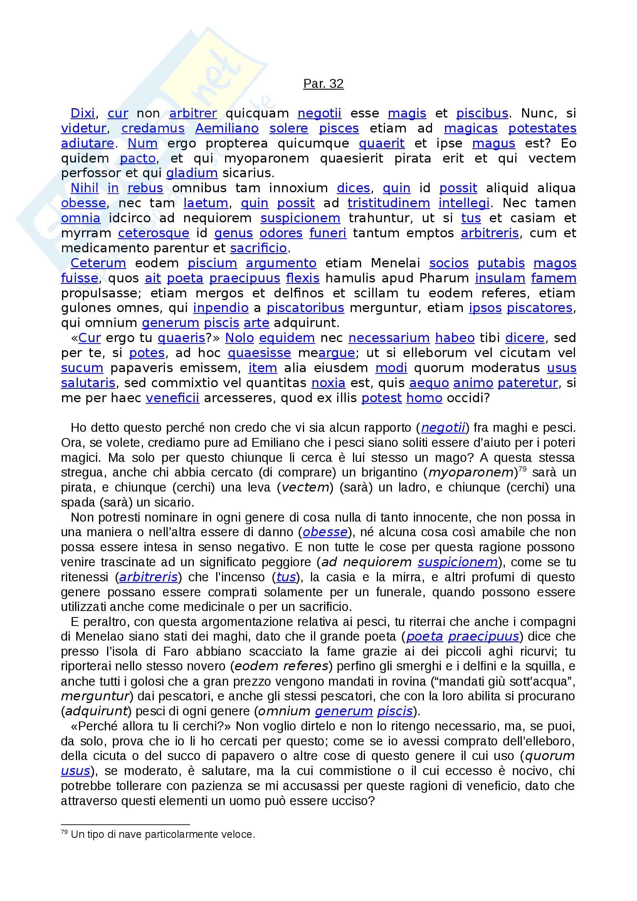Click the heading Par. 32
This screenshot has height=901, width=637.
tap(323, 84)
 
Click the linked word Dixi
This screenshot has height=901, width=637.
tap(82, 113)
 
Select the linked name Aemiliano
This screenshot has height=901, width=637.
tap(227, 128)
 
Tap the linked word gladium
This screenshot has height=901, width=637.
tap(192, 173)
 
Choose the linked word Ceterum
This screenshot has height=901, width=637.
tap(98, 263)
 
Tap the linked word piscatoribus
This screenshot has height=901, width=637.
tap(305, 308)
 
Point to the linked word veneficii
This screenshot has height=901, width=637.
tap(172, 398)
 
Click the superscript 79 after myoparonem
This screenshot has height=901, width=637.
tap(522, 468)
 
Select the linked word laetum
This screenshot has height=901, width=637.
tap(206, 203)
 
